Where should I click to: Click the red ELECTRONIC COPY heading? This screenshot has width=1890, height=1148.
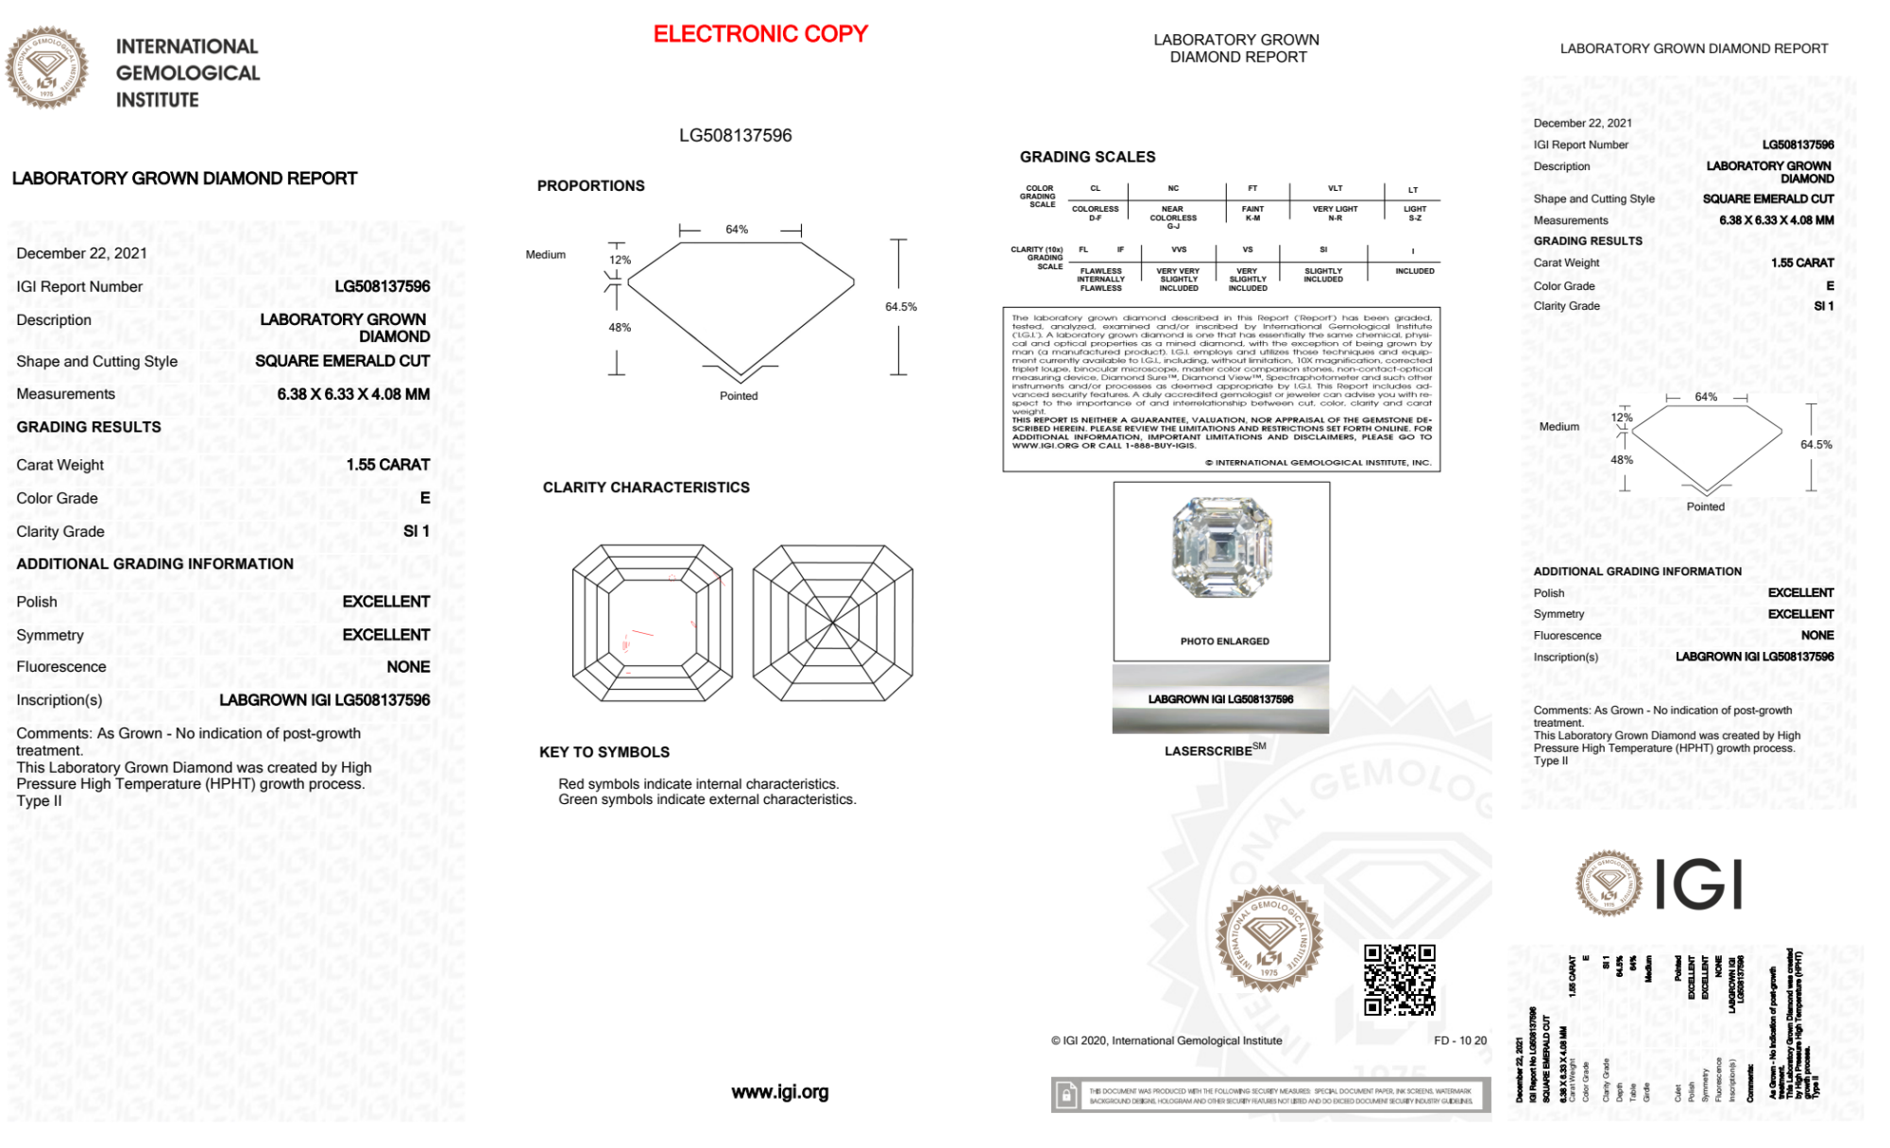(759, 34)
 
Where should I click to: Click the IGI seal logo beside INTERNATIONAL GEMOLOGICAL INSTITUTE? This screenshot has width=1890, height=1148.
(46, 68)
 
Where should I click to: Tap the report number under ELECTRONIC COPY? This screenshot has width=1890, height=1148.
(735, 135)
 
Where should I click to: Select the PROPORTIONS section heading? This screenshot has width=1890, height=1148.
(590, 186)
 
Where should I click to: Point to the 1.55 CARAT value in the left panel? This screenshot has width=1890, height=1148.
(387, 465)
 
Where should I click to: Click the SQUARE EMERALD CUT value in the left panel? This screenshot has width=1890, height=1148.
(342, 361)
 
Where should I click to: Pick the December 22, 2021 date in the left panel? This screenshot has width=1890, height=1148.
(81, 253)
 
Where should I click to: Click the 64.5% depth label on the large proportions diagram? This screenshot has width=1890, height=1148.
(900, 307)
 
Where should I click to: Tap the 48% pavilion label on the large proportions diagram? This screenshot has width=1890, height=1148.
(620, 328)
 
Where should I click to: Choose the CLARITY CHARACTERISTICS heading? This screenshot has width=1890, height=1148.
(645, 488)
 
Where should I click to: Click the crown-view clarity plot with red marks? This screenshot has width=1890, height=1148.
(652, 623)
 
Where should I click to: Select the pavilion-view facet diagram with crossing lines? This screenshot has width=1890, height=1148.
(832, 623)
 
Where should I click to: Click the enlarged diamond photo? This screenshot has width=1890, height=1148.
(1221, 548)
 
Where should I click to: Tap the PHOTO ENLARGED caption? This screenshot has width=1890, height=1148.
(1224, 642)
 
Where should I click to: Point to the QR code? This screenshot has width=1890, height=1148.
(1399, 980)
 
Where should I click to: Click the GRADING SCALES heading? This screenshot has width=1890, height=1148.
(1087, 157)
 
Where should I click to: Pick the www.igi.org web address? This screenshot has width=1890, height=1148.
(779, 1092)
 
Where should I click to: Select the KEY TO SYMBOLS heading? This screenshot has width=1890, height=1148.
(604, 752)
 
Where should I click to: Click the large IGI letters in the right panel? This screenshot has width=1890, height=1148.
(1699, 885)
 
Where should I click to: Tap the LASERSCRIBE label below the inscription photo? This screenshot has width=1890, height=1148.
(1209, 751)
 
